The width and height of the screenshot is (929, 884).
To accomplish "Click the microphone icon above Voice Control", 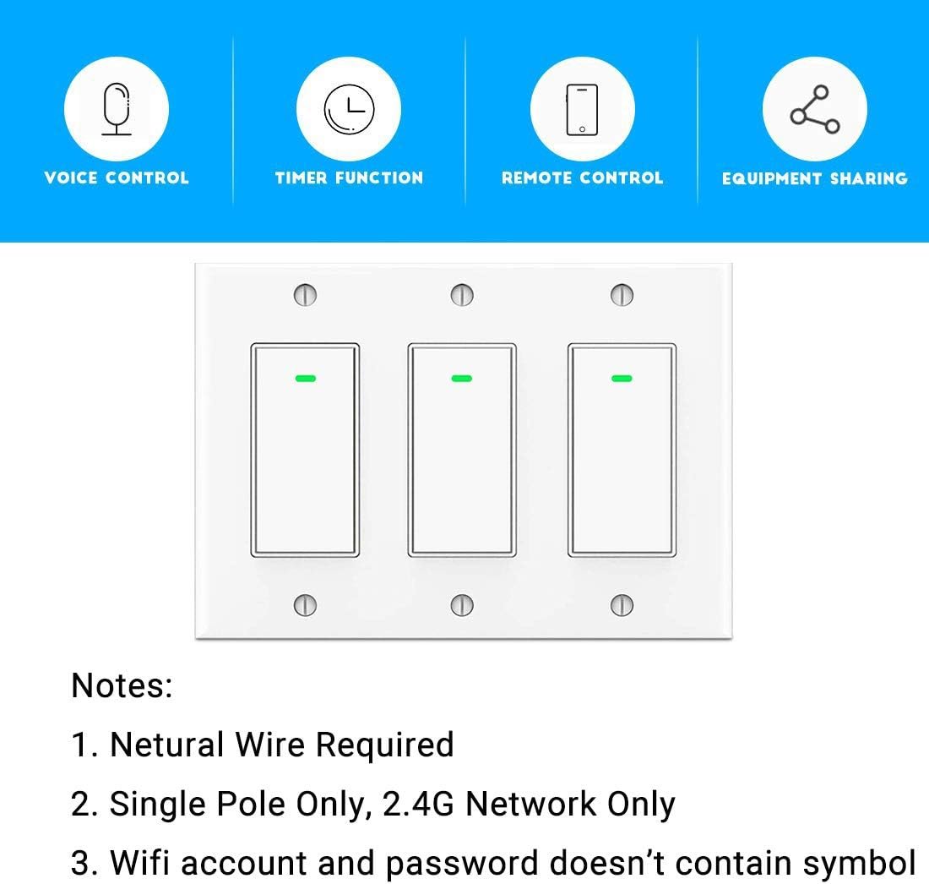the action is (x=117, y=109).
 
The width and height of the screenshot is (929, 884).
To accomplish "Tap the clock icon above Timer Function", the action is (x=349, y=109).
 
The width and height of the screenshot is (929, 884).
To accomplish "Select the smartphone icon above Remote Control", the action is (x=582, y=110).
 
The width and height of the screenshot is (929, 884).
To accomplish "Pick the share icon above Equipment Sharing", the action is (x=815, y=109).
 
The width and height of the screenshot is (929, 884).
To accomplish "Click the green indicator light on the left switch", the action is (x=306, y=379).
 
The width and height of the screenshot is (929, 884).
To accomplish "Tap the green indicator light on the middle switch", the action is (x=462, y=379).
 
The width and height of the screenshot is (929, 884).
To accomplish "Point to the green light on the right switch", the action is (x=622, y=379).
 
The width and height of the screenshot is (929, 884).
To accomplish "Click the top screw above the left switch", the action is (x=305, y=295).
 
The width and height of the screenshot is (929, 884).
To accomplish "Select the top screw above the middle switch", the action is (x=462, y=295).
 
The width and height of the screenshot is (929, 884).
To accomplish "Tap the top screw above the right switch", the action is (x=622, y=295).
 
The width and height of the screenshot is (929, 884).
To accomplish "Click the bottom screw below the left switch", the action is (x=305, y=605).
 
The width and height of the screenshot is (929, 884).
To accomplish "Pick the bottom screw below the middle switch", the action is (x=462, y=605).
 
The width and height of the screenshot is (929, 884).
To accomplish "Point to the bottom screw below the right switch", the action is (x=622, y=605).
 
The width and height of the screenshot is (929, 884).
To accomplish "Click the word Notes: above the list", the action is (x=122, y=686).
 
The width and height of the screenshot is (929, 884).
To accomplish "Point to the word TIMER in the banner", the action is (x=301, y=177).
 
